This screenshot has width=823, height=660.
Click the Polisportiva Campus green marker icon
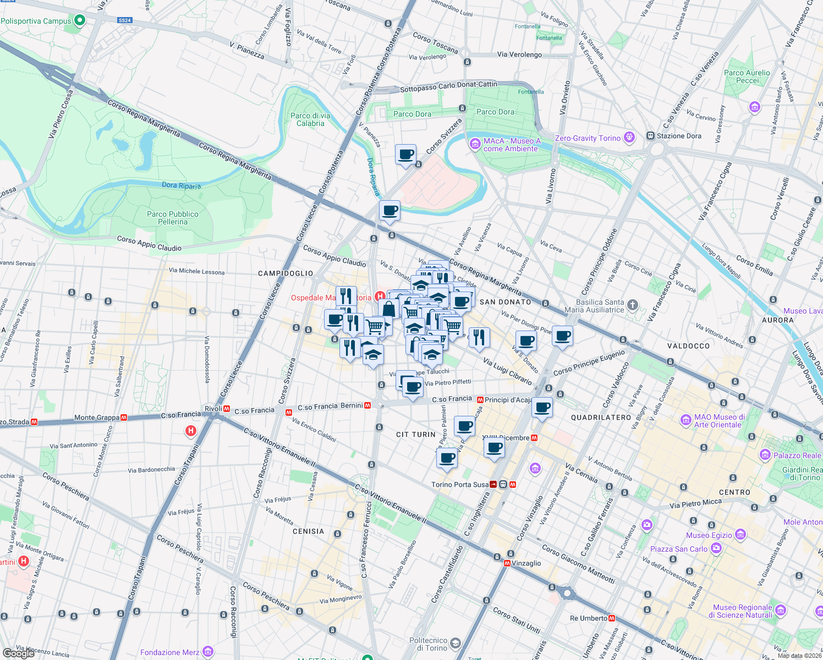[80, 20]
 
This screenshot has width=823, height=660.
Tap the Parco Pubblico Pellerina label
[173, 218]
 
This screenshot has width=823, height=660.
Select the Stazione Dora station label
[679, 136]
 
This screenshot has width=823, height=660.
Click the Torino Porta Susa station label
[460, 485]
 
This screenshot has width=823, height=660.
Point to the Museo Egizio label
[709, 535]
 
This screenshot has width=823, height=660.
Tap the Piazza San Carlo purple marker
[716, 548]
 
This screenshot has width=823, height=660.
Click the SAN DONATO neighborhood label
[505, 302]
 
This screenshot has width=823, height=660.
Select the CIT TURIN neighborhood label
[416, 435]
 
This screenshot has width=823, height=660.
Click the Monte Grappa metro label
[97, 418]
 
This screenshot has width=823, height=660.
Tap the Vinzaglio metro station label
[526, 563]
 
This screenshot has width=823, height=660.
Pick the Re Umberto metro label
[589, 618]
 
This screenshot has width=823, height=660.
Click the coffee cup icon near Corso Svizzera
[405, 155]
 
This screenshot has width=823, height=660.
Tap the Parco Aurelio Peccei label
[747, 76]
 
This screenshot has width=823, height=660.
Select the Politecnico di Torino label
[428, 644]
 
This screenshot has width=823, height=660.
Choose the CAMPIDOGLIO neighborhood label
[286, 273]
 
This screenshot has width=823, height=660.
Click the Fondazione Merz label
[170, 652]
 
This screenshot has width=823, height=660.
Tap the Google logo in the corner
[18, 653]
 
